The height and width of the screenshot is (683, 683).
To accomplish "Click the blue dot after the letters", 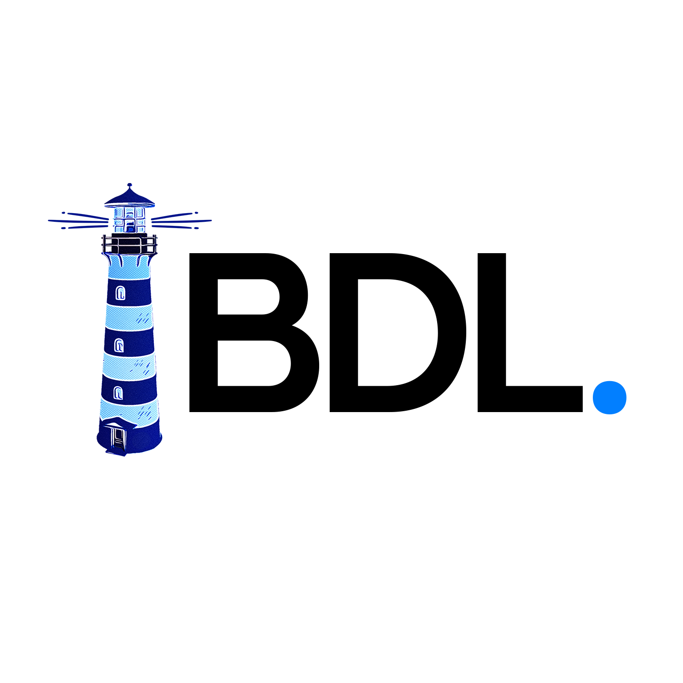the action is click(609, 397).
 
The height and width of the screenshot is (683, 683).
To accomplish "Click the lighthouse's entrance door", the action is click(118, 437).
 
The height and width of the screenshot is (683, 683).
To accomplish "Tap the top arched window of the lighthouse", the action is click(120, 293).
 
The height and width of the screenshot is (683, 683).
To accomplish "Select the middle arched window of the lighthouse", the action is click(119, 346).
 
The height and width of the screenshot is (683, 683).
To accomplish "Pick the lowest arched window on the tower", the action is click(118, 392).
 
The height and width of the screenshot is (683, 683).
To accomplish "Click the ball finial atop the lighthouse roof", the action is click(130, 185).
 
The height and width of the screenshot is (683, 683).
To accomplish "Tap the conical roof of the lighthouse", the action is click(130, 198).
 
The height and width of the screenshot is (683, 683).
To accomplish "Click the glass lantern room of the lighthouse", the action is click(129, 219).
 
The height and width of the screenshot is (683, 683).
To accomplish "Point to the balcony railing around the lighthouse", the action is click(129, 245).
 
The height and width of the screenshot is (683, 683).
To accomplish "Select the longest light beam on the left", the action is click(78, 222).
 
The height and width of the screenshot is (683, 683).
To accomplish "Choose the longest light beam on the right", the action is click(181, 222).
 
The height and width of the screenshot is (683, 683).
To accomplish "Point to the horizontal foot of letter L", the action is click(530, 399).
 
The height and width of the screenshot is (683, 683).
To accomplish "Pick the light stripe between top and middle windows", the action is click(129, 317).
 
